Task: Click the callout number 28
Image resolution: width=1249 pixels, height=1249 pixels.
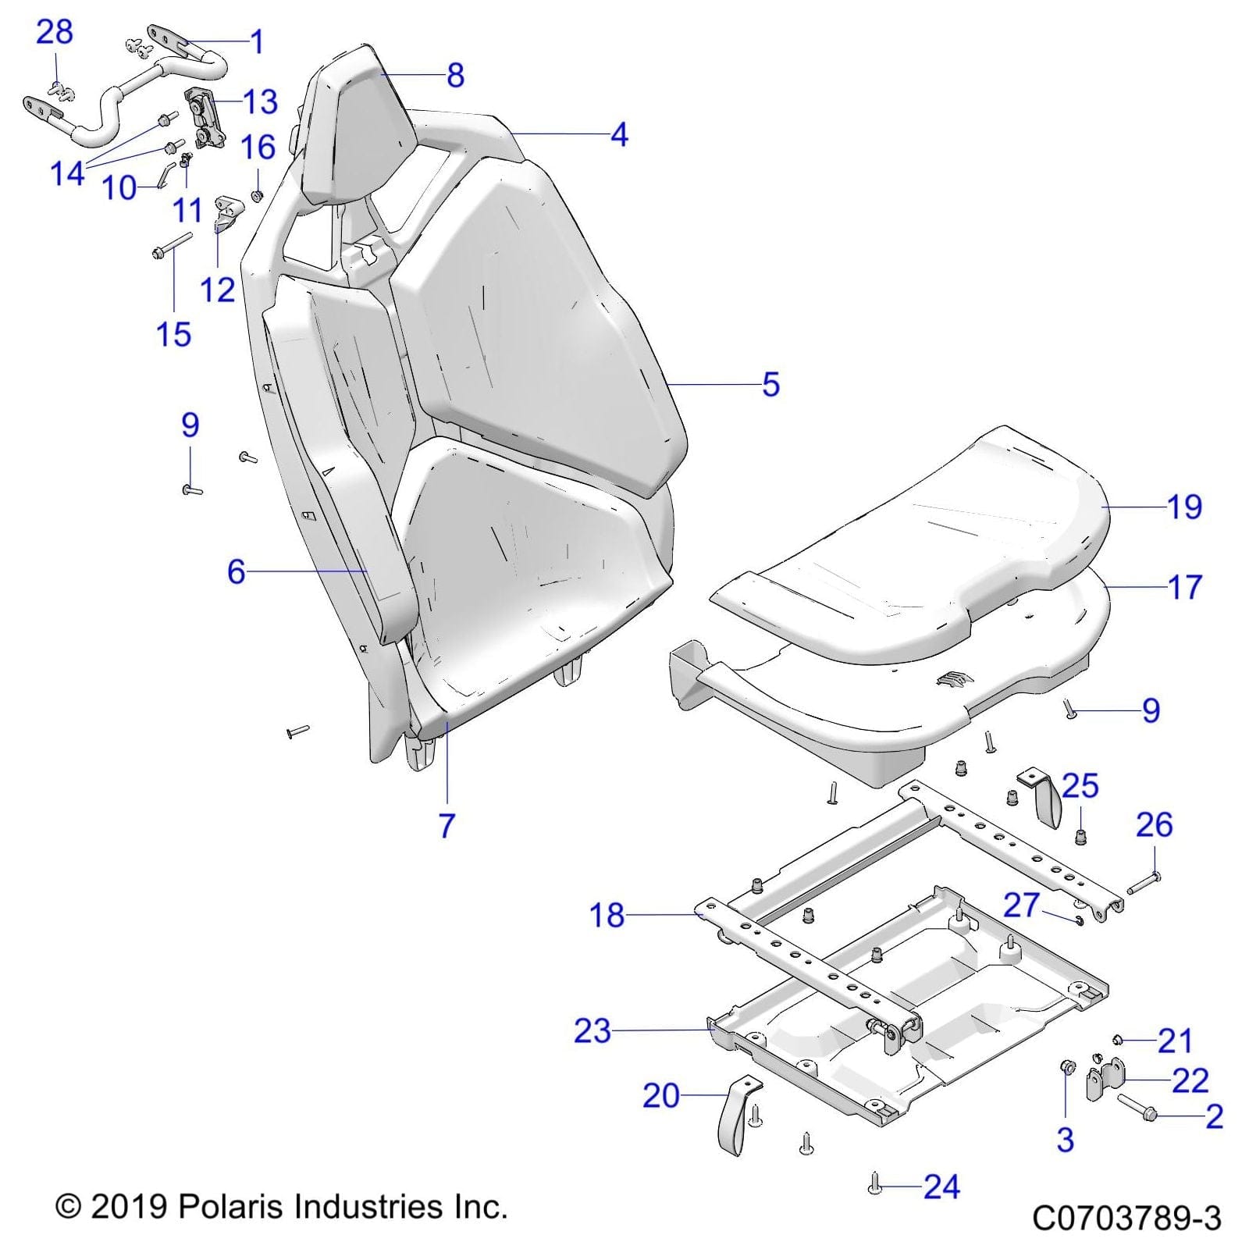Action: click(x=55, y=32)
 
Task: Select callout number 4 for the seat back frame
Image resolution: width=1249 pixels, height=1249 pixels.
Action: click(x=619, y=135)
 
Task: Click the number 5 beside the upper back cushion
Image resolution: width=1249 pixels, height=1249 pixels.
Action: click(x=770, y=385)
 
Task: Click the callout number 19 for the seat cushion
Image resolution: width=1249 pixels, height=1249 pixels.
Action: click(x=1184, y=507)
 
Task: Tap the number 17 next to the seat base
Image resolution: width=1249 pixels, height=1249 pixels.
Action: click(x=1184, y=587)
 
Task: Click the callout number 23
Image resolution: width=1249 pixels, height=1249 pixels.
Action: click(x=592, y=1031)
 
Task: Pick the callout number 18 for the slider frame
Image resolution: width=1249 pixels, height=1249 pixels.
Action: click(x=607, y=915)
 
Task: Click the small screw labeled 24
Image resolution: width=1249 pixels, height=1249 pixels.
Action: click(x=874, y=1187)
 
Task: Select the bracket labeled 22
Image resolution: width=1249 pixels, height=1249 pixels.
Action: click(x=1106, y=1081)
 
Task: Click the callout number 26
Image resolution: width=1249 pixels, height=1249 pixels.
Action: click(x=1155, y=825)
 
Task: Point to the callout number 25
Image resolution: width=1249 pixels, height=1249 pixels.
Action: click(x=1080, y=785)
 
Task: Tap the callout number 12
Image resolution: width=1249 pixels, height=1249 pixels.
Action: click(x=217, y=290)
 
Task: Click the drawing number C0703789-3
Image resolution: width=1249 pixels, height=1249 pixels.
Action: click(x=1126, y=1219)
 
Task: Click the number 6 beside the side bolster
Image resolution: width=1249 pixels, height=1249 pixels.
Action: click(x=236, y=571)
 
